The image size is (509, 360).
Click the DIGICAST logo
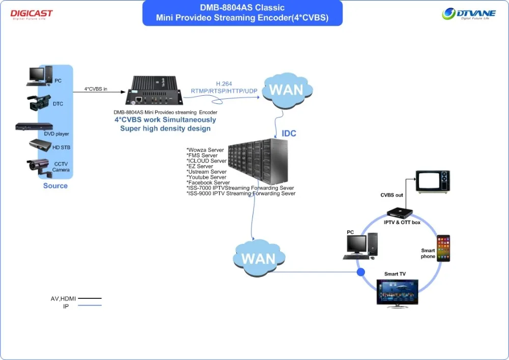tap(31, 14)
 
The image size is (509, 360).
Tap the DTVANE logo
tap(468, 14)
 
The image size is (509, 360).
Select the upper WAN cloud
tap(286, 91)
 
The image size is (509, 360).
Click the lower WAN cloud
tap(258, 258)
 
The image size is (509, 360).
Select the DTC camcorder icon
tap(40, 102)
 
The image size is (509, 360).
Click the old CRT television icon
tap(433, 181)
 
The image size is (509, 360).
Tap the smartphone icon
tap(443, 248)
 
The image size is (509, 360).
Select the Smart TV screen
tap(397, 292)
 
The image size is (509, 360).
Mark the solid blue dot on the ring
tap(361, 272)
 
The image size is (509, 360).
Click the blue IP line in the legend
tap(90, 306)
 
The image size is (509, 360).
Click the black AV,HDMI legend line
tap(90, 298)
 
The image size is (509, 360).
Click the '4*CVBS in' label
tap(96, 89)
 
